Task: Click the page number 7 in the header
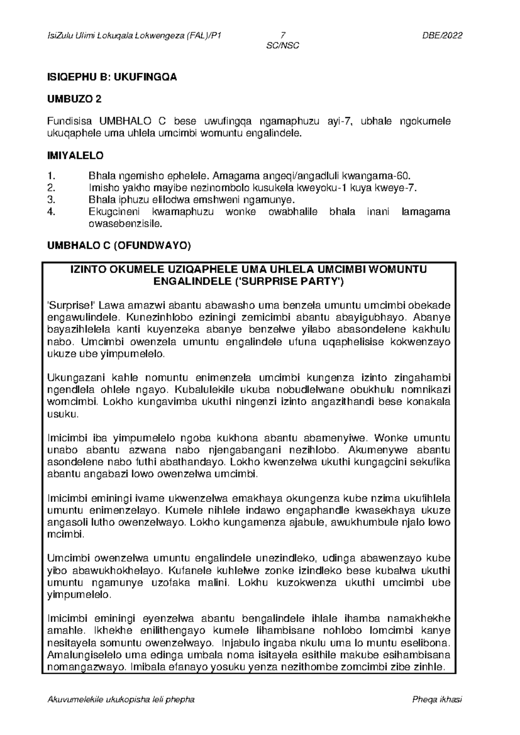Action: (283, 36)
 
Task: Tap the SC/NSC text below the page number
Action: (283, 46)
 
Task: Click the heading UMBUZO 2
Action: (74, 99)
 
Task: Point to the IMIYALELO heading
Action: (75, 155)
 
